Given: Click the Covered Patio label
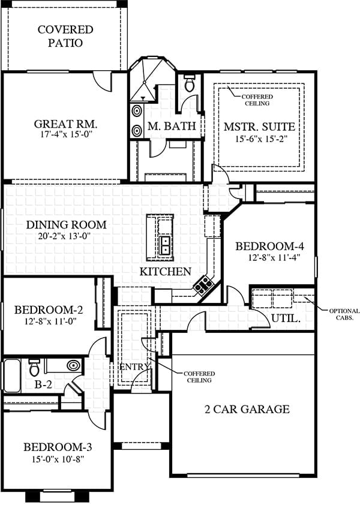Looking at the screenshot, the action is coord(65,36).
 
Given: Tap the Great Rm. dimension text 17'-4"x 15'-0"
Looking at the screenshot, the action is coord(67,134).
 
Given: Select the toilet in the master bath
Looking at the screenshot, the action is coord(188,83).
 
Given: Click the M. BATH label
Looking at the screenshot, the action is coord(172,126).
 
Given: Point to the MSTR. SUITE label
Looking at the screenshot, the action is coord(259,127).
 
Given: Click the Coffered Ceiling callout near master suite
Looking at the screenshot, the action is coord(257,100).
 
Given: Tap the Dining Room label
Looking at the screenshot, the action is coord(66,224).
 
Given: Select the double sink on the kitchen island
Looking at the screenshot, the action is coord(166,245).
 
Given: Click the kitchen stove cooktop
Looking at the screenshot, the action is coord(203,285).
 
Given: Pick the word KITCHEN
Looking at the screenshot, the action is coord(165,272).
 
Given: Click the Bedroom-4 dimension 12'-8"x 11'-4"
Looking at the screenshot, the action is coord(275,258).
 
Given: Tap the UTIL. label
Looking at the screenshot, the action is coord(286,318).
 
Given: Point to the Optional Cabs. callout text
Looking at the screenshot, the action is coord(344,314).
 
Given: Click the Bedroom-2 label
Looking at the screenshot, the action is coord(49,310).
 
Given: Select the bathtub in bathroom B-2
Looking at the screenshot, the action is coord(12,376).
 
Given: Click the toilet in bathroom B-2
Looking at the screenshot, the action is coord(34,367).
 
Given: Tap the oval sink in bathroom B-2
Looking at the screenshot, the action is coord(74,365).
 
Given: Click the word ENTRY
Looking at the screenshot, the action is coord(134,367).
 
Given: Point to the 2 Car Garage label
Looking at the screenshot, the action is coord(247,409).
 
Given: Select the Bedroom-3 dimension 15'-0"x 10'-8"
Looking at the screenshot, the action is coord(58,459).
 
